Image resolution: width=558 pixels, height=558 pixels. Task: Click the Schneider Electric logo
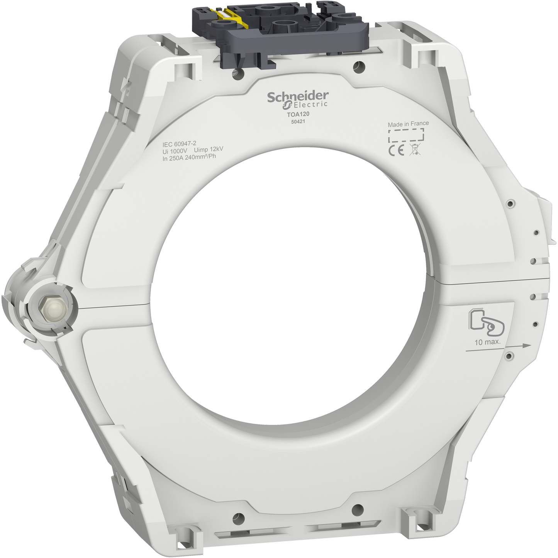tap(298, 99)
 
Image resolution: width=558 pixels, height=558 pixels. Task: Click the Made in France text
tap(408, 124)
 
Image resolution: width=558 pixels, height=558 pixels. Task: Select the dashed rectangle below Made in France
tap(406, 136)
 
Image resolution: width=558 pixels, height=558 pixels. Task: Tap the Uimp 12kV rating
tap(209, 149)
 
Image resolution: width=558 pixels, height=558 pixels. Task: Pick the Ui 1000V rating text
tap(175, 151)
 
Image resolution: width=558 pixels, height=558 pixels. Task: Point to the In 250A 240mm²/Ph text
tap(189, 157)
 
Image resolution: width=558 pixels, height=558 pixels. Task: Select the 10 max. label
tap(487, 342)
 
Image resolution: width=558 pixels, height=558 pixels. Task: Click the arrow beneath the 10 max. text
tap(498, 348)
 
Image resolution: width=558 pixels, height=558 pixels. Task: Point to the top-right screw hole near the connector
tap(359, 67)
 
